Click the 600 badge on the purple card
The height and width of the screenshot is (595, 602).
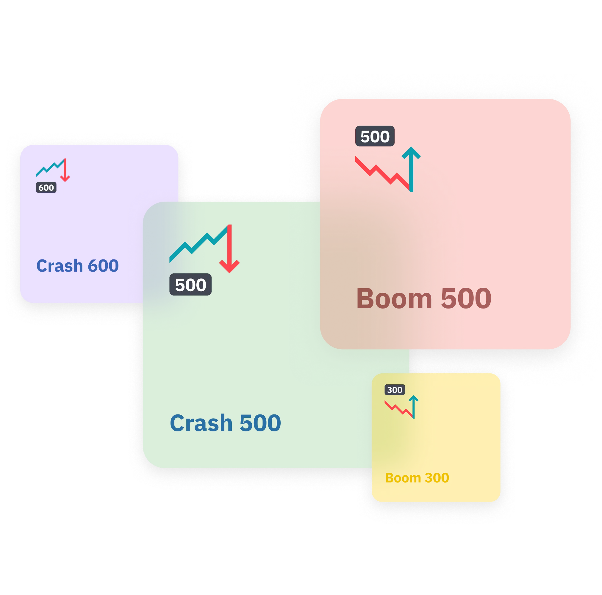[x=46, y=187]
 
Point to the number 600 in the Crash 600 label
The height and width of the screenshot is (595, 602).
[x=103, y=266]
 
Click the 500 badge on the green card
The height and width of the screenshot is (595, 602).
[x=190, y=285]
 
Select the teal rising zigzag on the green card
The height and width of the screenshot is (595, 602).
[x=196, y=245]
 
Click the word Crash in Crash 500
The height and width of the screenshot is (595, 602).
[x=201, y=423]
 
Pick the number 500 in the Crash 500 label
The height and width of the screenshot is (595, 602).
[x=260, y=423]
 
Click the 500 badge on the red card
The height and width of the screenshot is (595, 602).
[x=375, y=137]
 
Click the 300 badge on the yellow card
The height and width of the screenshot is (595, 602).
[x=395, y=390]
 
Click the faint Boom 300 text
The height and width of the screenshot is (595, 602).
[x=417, y=478]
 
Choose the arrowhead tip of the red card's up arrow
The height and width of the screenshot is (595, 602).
[x=411, y=148]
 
